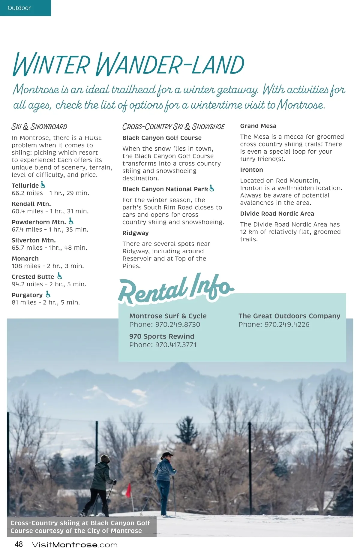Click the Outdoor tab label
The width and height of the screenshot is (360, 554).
[x=19, y=8]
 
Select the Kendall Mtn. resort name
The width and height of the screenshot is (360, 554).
[x=31, y=204]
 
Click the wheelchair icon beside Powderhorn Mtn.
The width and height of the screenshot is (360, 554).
[x=71, y=221]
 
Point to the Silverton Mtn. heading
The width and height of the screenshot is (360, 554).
[x=34, y=240]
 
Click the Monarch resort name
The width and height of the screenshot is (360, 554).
[x=25, y=258]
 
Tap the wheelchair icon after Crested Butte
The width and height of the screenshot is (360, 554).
[x=60, y=276]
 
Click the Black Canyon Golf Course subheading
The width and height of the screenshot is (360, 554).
[x=162, y=138]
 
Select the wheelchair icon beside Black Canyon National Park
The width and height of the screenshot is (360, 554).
[x=212, y=188]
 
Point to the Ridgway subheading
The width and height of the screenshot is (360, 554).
[x=135, y=233]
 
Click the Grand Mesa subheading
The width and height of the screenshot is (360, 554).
[x=258, y=126]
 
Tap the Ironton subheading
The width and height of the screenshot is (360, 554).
[x=251, y=170]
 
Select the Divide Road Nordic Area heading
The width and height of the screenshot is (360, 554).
[x=277, y=214]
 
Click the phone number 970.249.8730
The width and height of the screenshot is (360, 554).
[x=178, y=324]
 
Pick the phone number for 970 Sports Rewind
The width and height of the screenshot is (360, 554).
[x=176, y=345]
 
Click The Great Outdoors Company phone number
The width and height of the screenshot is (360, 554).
[x=287, y=324]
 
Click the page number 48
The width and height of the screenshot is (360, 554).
[x=19, y=544]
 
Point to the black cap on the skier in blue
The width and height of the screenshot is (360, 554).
[x=167, y=455]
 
